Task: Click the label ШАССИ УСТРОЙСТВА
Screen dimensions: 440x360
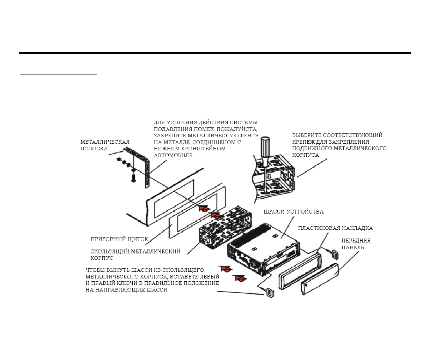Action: tap(294, 212)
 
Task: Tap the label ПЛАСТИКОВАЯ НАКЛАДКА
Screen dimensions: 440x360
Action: tap(335, 228)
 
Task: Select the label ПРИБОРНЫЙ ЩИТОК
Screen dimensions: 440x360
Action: tap(119, 239)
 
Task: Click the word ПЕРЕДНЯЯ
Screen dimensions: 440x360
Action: tap(356, 241)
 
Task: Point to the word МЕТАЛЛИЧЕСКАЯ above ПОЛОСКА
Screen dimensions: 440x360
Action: tap(105, 142)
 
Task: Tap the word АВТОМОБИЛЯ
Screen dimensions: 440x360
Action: tap(174, 156)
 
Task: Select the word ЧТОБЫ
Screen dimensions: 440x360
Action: tap(95, 270)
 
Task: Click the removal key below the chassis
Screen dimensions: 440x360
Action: tap(270, 293)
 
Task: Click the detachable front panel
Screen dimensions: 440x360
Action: tap(320, 279)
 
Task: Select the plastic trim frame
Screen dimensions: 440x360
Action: tap(300, 271)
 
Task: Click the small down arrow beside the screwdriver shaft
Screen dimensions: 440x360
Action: tap(269, 177)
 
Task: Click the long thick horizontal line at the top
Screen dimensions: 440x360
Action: tap(215, 53)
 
